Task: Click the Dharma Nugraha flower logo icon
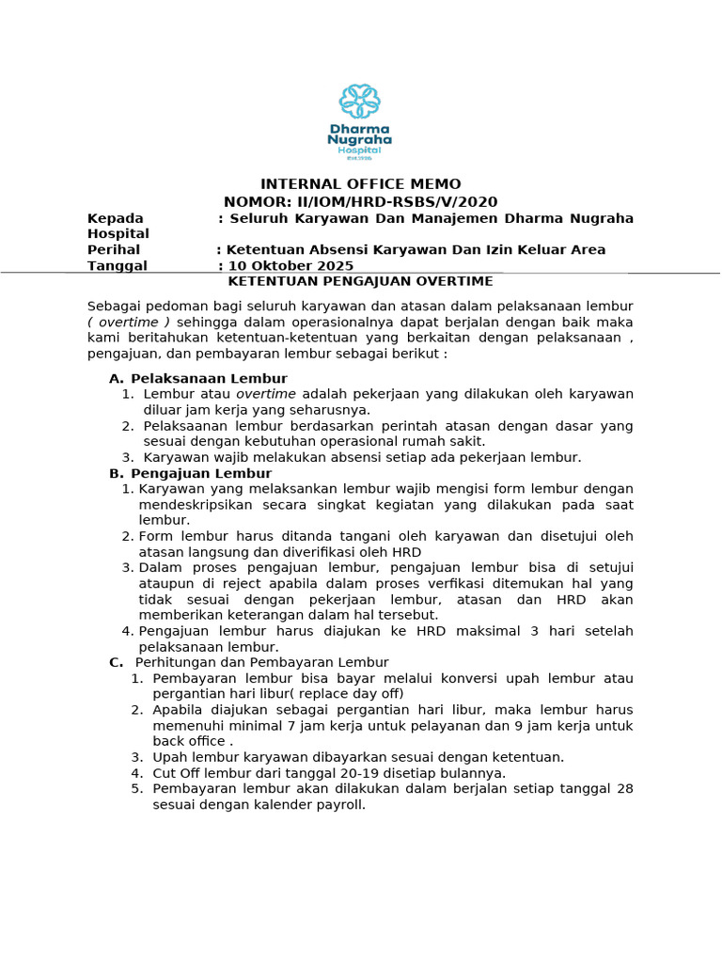[360, 102]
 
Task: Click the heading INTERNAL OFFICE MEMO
[360, 183]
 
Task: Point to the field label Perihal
[114, 249]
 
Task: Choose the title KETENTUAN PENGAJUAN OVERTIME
[361, 281]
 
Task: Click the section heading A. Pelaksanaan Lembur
[198, 378]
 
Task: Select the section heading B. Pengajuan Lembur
[191, 473]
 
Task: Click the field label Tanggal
[118, 265]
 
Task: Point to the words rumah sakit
[453, 441]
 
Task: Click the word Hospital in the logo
[360, 150]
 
